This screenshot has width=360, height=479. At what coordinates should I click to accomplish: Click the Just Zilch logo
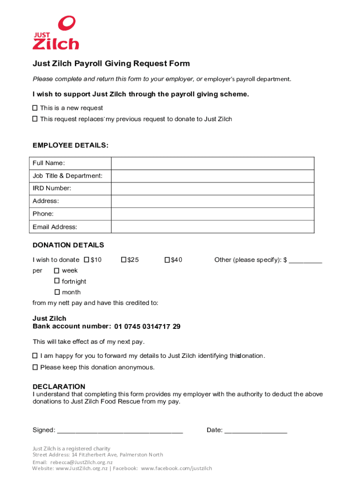click(56, 33)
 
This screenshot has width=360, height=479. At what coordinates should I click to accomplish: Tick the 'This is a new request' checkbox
click(35, 108)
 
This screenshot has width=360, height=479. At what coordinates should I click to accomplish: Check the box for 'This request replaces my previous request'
click(35, 119)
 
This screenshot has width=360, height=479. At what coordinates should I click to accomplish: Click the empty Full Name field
click(212, 163)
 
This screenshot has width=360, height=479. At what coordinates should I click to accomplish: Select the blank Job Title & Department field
click(212, 176)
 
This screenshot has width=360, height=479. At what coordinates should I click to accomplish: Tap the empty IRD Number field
click(212, 189)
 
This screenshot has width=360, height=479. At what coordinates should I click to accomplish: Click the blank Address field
click(212, 201)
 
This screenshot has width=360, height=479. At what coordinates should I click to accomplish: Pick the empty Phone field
click(212, 214)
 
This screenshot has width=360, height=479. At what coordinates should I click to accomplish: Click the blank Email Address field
click(212, 227)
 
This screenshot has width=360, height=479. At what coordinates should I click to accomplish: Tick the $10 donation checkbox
click(86, 260)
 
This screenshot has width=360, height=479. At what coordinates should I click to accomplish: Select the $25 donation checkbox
click(124, 260)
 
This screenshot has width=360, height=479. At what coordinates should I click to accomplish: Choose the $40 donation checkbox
click(167, 260)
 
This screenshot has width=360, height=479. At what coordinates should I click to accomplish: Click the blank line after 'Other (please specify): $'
click(305, 260)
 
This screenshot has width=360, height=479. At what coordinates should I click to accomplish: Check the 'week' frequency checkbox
click(57, 270)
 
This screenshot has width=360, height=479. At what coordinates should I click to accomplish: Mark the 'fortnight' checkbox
click(57, 281)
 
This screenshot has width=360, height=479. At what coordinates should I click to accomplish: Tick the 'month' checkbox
click(57, 292)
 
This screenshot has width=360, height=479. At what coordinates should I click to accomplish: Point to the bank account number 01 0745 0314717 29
click(147, 327)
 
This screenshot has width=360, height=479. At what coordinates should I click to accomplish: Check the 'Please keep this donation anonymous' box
click(35, 367)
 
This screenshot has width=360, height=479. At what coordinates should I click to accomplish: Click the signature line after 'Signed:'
click(120, 430)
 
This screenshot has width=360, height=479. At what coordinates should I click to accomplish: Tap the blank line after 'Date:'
click(256, 430)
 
